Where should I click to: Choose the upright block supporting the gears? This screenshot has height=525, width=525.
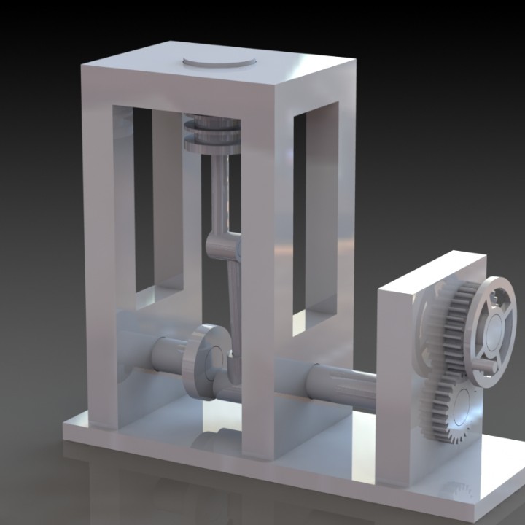[397, 379]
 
